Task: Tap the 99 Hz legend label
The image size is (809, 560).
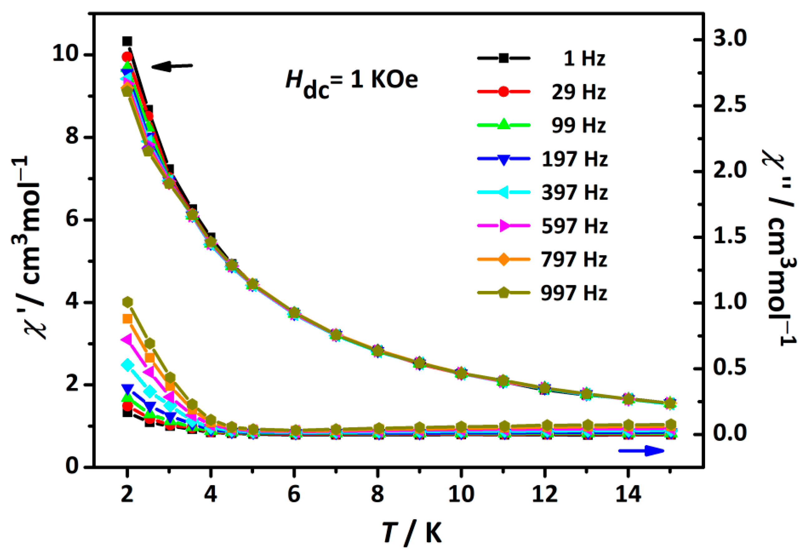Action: (x=578, y=125)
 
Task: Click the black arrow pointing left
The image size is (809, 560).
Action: (x=172, y=66)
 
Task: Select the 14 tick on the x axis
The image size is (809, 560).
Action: (x=628, y=494)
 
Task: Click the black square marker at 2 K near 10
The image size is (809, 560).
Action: (x=127, y=42)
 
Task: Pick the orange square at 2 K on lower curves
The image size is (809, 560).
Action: (x=127, y=319)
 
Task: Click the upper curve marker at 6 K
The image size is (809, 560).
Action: (x=294, y=312)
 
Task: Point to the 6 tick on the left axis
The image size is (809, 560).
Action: (x=71, y=220)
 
